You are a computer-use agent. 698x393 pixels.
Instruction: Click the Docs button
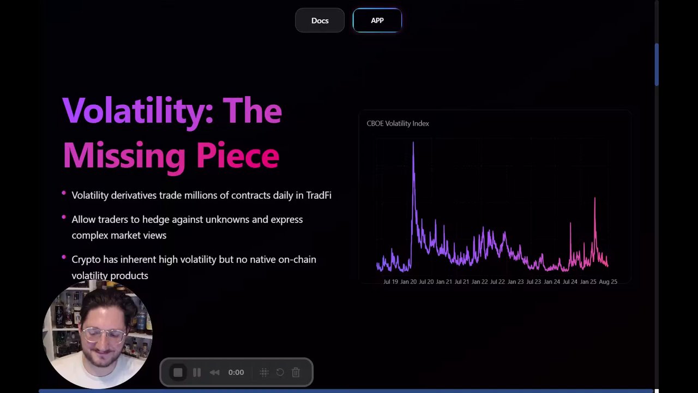[x=320, y=20]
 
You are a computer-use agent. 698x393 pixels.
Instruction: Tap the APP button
[x=377, y=20]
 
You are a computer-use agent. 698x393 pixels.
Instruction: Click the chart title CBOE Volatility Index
[x=398, y=123]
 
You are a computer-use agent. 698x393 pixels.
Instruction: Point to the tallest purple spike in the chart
[x=413, y=143]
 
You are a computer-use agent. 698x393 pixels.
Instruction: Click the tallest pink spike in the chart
[x=595, y=198]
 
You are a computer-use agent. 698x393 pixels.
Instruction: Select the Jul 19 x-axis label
[x=390, y=282]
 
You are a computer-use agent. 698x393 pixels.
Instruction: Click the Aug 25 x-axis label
[x=608, y=282]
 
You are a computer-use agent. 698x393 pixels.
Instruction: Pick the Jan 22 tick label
[x=479, y=282]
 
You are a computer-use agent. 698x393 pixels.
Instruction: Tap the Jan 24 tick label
[x=552, y=282]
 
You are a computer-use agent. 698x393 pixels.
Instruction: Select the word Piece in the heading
[x=238, y=156]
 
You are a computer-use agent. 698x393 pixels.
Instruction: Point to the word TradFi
[x=319, y=195]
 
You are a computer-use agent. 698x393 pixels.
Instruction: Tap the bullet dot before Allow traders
[x=64, y=217]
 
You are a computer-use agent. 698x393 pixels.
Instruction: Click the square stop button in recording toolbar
[x=178, y=372]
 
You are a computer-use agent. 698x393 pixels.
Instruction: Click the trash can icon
[x=296, y=372]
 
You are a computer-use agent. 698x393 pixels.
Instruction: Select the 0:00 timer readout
[x=236, y=372]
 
